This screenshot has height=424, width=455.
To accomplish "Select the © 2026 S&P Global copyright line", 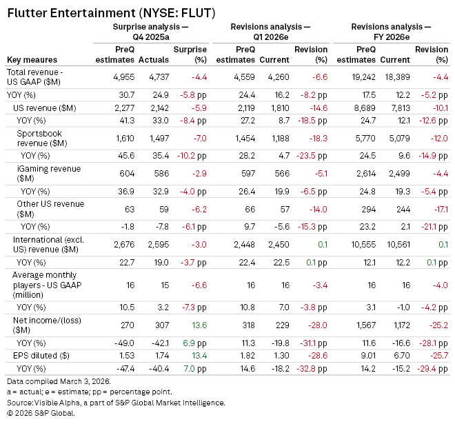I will pos(40,413).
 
